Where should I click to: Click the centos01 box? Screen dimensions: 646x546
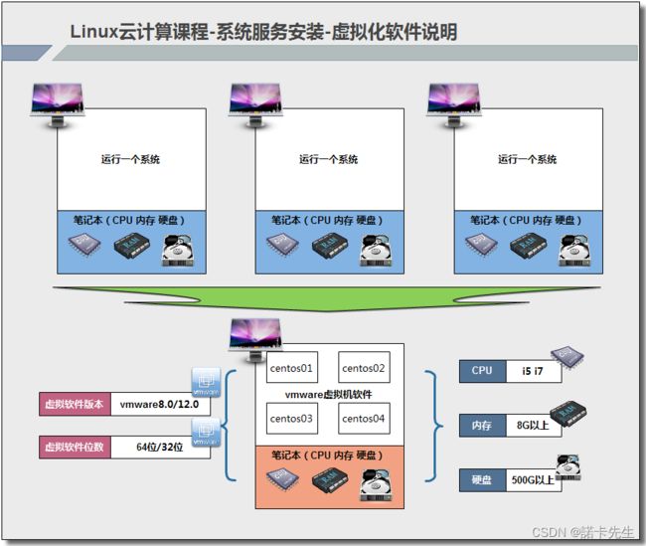[x=291, y=367]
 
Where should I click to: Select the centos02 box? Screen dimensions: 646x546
[x=364, y=367]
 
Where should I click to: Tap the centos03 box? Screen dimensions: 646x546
[x=291, y=418]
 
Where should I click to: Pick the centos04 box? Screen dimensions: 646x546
[x=364, y=418]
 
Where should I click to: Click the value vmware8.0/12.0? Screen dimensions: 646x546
[x=160, y=404]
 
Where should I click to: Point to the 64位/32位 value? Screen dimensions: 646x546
[x=160, y=447]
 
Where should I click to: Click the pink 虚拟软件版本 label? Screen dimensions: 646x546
[x=75, y=404]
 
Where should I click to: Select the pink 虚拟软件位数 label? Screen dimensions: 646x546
[x=75, y=447]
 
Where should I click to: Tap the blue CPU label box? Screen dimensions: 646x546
[x=482, y=371]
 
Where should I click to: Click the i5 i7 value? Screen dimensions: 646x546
[x=533, y=371]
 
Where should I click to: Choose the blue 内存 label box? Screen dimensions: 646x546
[x=482, y=426]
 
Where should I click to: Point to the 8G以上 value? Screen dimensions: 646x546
[x=533, y=426]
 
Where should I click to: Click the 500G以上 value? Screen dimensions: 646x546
[x=533, y=480]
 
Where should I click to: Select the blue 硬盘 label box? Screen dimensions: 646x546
[x=482, y=480]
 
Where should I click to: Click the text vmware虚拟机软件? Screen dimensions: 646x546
[x=328, y=395]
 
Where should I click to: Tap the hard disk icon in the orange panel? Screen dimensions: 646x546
[x=376, y=484]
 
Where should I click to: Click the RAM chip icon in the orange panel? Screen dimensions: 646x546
[x=330, y=480]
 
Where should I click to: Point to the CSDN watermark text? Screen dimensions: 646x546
[x=583, y=532]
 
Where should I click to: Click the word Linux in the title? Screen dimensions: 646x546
[x=94, y=32]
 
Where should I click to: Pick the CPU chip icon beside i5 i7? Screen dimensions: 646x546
[x=567, y=357]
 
